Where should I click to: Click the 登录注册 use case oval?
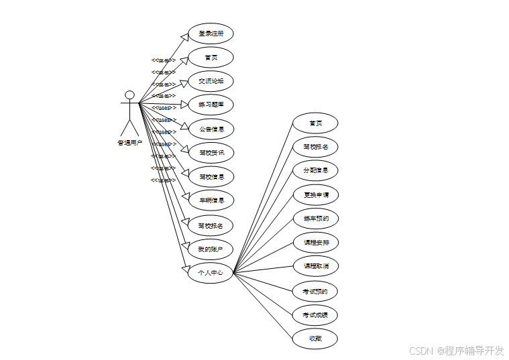tap(211, 34)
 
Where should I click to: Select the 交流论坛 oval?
tap(211, 81)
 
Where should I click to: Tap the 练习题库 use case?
tap(211, 105)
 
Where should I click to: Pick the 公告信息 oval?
tap(211, 129)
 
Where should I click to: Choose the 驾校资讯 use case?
tap(211, 153)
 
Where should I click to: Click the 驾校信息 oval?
tap(211, 177)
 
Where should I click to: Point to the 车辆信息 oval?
tap(211, 200)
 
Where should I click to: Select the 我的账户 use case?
tap(211, 249)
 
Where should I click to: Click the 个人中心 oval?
tap(211, 273)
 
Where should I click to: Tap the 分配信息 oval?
tap(315, 170)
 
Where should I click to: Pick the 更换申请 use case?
tap(315, 195)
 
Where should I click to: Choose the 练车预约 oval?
tap(315, 219)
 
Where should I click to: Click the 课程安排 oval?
tap(315, 242)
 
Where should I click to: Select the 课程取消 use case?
tap(315, 266)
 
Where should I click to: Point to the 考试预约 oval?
tap(315, 292)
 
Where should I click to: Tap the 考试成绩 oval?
tap(315, 315)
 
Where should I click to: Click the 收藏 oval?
tap(315, 339)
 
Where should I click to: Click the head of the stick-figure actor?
tap(129, 95)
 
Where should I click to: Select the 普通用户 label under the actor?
tap(129, 143)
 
